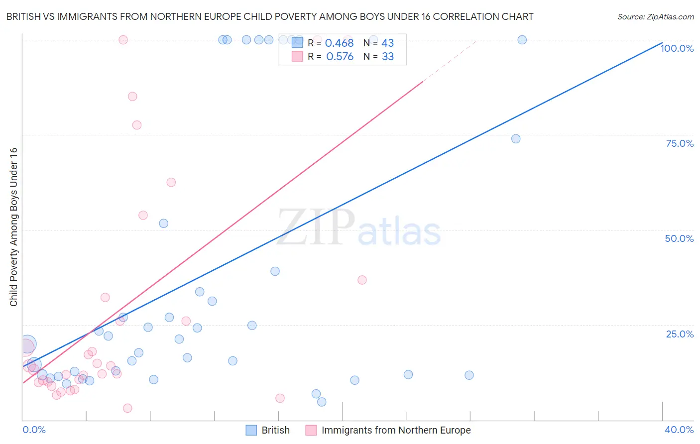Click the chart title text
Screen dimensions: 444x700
[270, 16]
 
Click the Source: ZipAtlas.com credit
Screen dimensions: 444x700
[655, 16]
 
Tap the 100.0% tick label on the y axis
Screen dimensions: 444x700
[677, 48]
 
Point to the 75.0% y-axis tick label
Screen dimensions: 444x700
[680, 143]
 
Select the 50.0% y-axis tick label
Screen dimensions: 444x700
[679, 238]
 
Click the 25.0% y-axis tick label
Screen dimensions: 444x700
[680, 334]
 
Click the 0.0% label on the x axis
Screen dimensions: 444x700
[34, 430]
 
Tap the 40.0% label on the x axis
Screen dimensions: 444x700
[679, 430]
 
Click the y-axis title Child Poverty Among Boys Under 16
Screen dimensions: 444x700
[13, 227]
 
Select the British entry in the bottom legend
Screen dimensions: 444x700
[275, 430]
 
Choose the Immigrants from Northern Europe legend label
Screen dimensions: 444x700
[396, 430]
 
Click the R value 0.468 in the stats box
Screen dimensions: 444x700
[339, 43]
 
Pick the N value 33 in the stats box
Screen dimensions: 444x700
[388, 57]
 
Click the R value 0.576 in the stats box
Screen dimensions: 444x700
[340, 57]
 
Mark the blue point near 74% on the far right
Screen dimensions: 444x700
[516, 139]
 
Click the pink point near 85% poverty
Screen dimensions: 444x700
[132, 97]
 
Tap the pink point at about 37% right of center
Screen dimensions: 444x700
[362, 280]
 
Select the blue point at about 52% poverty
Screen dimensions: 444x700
[163, 223]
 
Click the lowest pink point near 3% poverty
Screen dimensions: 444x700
[127, 408]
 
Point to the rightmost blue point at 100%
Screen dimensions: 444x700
[522, 40]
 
